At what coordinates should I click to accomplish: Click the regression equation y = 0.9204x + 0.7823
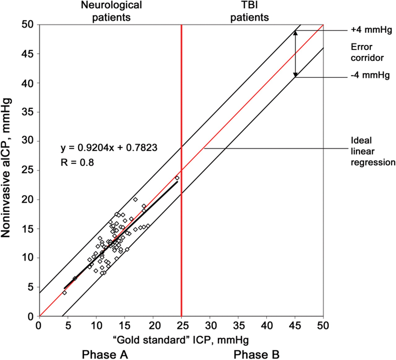click(109, 148)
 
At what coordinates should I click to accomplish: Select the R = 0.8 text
click(77, 162)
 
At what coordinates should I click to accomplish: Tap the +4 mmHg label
click(371, 30)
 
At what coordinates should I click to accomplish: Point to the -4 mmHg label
click(370, 75)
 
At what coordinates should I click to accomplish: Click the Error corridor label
click(367, 52)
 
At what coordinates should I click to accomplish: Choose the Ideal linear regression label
click(373, 151)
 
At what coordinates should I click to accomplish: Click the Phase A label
click(105, 354)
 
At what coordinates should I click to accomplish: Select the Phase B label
click(256, 354)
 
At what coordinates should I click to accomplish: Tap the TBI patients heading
click(249, 11)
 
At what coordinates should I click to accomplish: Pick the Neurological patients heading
click(111, 11)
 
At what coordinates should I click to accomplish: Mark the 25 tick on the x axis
click(182, 325)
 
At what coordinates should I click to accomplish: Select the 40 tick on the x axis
click(267, 325)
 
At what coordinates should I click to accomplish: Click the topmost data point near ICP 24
click(177, 178)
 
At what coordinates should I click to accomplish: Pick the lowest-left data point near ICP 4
click(64, 293)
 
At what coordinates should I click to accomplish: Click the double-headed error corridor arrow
click(295, 54)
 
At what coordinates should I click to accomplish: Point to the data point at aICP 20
click(136, 200)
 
